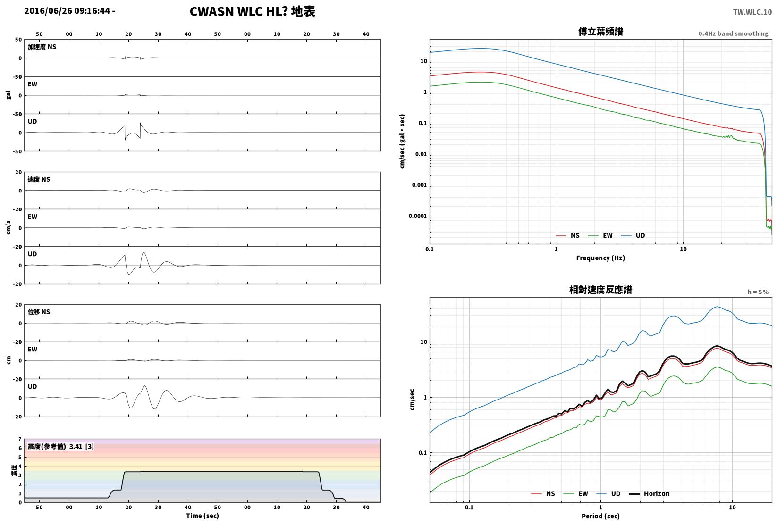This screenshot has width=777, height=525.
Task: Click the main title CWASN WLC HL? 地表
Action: (252, 11)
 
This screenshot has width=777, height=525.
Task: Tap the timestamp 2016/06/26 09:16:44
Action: (67, 11)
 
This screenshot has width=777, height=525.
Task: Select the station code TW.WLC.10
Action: (752, 12)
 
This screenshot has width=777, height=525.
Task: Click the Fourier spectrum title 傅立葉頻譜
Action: (600, 32)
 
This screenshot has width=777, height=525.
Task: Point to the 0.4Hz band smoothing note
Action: (733, 33)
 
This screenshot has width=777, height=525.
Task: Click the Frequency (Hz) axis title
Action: (600, 258)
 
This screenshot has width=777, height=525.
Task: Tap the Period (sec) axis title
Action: (600, 516)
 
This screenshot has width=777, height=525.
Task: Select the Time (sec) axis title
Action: (203, 516)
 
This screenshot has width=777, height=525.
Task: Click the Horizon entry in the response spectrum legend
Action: (649, 493)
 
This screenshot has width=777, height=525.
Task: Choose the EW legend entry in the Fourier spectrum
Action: (600, 236)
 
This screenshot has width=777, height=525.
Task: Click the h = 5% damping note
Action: (758, 292)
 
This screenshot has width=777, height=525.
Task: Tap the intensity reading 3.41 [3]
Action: (82, 446)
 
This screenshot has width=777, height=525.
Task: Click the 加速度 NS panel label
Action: (42, 47)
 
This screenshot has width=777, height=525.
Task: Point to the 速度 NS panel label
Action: (39, 179)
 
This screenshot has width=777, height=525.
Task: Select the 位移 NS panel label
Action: (39, 312)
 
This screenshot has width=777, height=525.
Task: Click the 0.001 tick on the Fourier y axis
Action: (419, 185)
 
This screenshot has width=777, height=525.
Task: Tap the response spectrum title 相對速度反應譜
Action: (600, 290)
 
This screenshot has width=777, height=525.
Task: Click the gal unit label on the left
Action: (8, 95)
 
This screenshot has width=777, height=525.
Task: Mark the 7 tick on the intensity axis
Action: (20, 439)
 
